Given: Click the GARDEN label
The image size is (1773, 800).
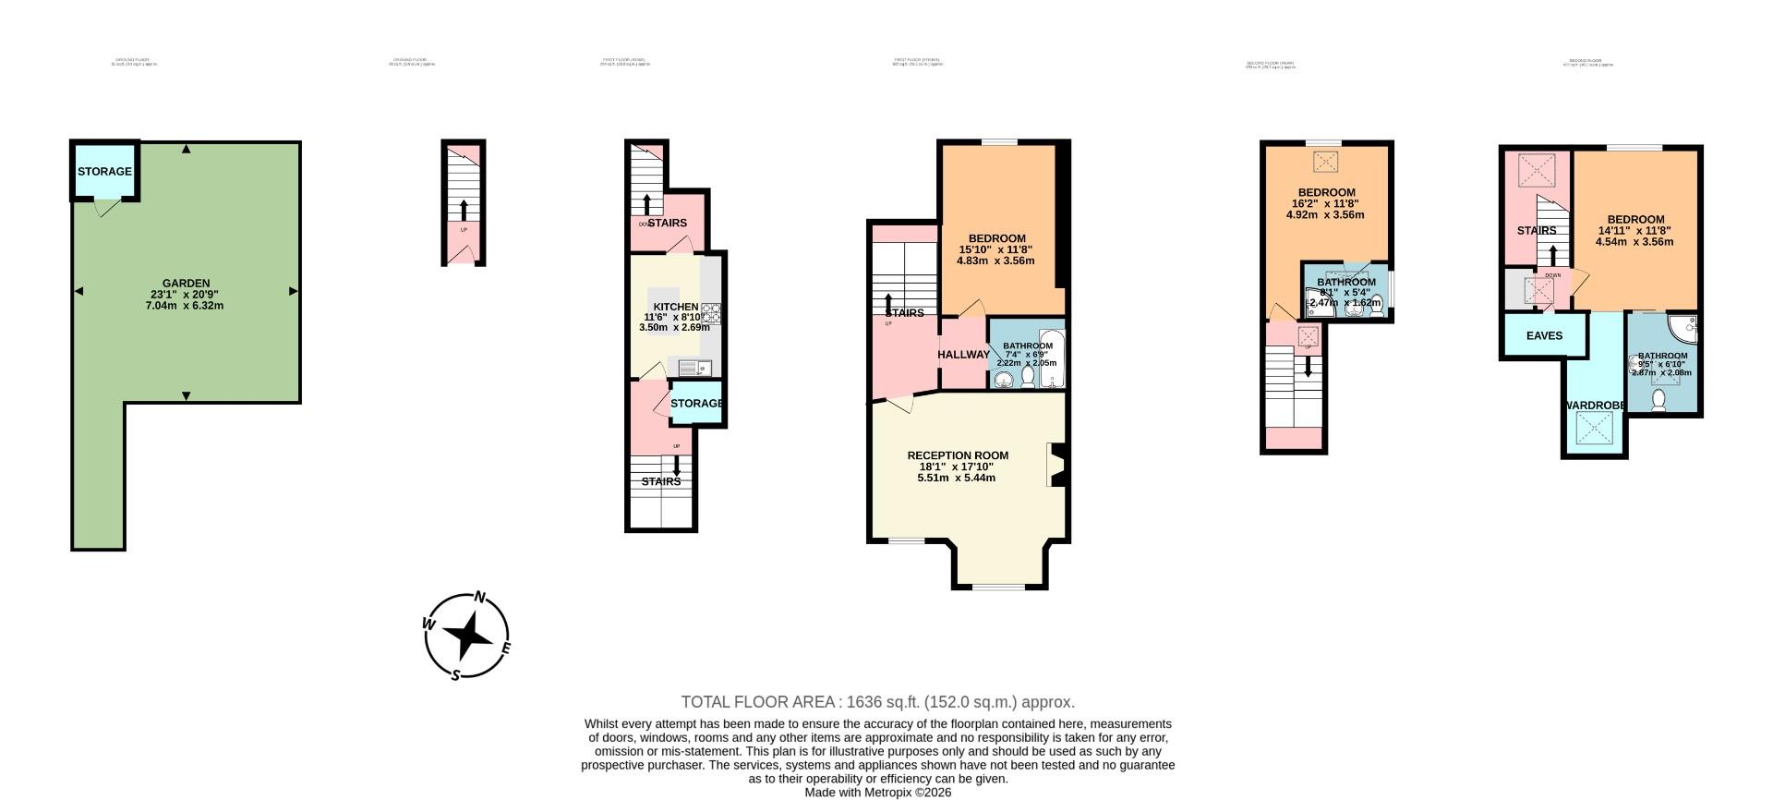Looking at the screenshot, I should (186, 284).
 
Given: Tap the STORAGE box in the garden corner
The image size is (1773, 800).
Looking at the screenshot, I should (104, 172).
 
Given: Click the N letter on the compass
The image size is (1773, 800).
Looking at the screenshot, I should (480, 598).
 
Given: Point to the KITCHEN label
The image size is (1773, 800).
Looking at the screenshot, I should (675, 307).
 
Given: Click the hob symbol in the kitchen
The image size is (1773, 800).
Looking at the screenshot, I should (712, 313).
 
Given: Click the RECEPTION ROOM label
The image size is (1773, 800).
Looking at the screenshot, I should (957, 455).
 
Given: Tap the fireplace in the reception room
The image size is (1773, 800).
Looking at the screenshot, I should (1056, 465).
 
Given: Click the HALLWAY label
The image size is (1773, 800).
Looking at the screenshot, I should (963, 355).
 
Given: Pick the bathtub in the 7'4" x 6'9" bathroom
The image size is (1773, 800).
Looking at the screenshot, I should (1052, 358).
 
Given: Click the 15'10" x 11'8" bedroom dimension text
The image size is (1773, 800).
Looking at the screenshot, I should (995, 249).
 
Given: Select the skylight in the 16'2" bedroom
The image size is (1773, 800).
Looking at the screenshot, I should (1325, 162).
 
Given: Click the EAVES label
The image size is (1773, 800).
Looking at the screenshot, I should (1544, 335).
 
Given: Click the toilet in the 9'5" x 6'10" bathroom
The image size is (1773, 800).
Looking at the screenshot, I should (1658, 400).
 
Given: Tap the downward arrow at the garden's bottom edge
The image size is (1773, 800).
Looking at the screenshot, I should (187, 396).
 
